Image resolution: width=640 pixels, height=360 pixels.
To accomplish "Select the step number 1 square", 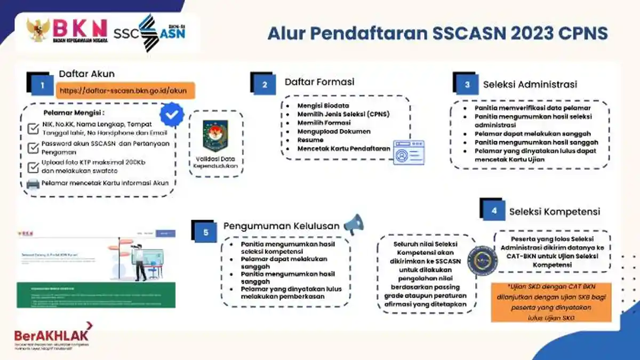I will click(42, 85).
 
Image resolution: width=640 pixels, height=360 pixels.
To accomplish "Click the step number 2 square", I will click(265, 84).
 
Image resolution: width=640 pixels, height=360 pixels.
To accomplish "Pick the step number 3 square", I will click(467, 84).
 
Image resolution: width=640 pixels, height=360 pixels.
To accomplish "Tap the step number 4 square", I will click(494, 211).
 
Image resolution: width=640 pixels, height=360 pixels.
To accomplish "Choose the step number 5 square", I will click(206, 233).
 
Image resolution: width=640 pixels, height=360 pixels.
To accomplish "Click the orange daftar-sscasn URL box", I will click(123, 91).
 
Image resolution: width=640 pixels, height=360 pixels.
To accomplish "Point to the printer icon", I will click(33, 183).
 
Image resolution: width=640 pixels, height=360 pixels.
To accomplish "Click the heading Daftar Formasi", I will click(319, 82).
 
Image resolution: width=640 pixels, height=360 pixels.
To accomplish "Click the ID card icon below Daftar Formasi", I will click(409, 153).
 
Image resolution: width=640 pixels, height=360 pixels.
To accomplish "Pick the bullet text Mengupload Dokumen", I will click(334, 131).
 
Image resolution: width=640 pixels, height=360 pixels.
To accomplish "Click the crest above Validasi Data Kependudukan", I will click(215, 135).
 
